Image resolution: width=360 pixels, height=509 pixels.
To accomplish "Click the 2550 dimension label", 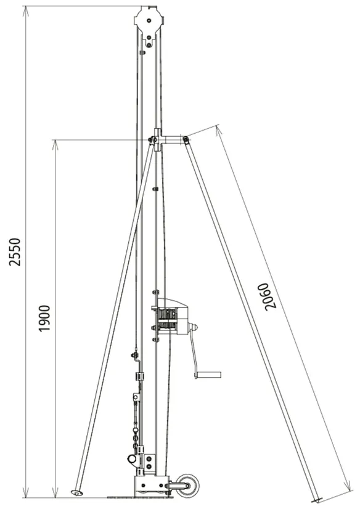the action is [15, 252].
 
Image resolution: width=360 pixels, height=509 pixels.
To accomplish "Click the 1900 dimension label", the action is [44, 319].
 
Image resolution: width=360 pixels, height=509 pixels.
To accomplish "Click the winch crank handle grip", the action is [208, 375].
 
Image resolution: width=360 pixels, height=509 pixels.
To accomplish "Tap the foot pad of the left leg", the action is [76, 493].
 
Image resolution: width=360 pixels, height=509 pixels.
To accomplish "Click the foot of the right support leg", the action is [316, 499].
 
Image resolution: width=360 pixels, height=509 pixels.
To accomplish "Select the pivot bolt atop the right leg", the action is [186, 140].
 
